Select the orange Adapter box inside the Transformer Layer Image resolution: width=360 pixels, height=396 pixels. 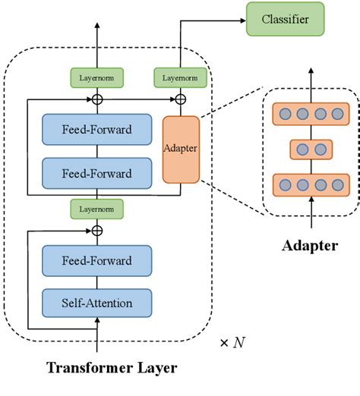point(181,149)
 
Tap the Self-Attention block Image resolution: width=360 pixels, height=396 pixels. point(97,303)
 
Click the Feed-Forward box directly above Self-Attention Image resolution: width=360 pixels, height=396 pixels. point(97,261)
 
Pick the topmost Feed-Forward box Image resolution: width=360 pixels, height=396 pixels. point(97,130)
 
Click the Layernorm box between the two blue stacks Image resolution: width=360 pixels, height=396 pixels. point(96,206)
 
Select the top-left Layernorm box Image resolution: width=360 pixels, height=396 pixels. point(96,77)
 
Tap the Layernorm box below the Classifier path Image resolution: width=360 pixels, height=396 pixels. point(180,77)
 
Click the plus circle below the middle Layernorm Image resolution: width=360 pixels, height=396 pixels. point(96,228)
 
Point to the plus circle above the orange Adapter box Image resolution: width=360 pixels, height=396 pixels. point(181,99)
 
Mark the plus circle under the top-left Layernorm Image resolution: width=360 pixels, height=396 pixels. point(96,99)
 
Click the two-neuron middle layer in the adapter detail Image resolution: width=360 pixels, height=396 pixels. point(311,149)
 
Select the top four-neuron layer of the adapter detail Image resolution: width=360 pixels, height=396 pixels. point(311,115)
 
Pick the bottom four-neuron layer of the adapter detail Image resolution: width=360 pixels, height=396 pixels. point(311,183)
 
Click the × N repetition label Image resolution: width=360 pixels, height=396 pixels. point(232,342)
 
